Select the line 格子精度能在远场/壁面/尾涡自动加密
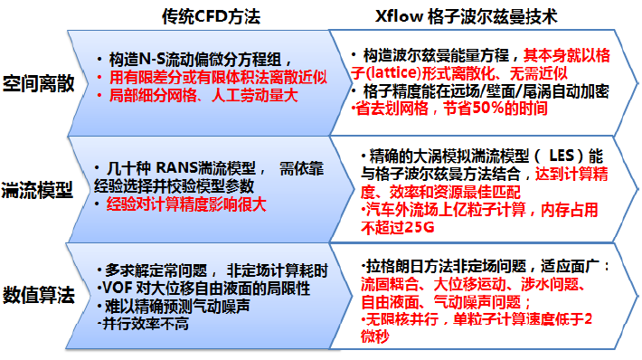[x=485, y=92]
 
